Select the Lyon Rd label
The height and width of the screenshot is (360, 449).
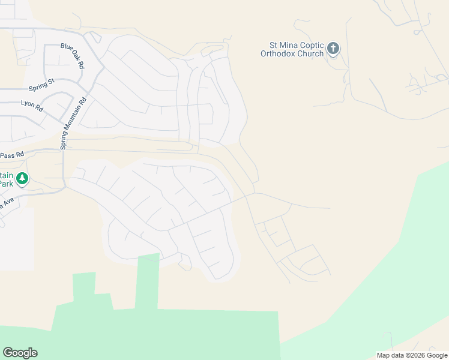point(32,106)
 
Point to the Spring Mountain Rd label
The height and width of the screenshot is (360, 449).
point(73,124)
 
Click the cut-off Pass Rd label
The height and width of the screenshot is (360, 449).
point(11,155)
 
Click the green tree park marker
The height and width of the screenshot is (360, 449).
point(22,178)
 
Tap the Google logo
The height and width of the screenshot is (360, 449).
point(20,353)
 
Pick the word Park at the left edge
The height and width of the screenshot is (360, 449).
point(6,184)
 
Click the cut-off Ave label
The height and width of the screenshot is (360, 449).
point(3,204)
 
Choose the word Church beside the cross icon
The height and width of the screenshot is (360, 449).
point(310,53)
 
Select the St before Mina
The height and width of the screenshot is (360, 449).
point(273,46)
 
